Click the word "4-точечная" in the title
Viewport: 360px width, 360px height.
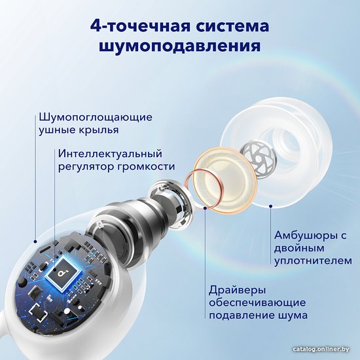141,26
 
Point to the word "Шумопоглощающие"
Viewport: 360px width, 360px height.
96,118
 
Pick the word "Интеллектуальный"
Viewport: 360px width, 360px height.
110,153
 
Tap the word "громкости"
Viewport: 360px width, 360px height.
146,167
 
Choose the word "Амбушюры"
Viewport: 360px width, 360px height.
304,236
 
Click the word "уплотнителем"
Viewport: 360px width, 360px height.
313,261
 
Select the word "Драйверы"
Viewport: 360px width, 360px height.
238,290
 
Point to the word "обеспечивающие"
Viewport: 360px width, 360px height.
257,303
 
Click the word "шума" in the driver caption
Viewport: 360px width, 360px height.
293,315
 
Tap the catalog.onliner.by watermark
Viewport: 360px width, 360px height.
321,350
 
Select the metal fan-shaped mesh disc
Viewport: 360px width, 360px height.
259,158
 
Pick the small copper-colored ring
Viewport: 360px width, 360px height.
204,189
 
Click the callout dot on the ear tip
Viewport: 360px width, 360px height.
270,206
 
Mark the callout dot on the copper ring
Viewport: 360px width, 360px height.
205,207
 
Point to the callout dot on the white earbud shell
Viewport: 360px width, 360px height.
35,242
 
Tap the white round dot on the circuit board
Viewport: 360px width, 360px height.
67,311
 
